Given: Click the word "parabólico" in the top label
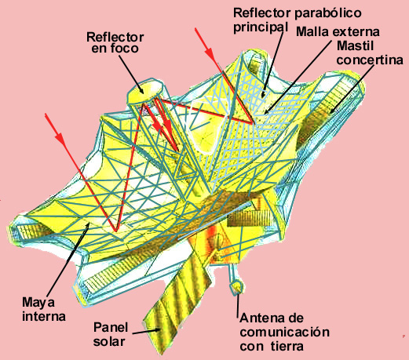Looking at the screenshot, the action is tap(328, 13).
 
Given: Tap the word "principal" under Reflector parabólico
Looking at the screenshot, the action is tap(261, 27).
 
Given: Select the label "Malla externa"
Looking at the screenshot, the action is tap(338, 32).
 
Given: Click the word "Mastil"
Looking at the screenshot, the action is tap(355, 46).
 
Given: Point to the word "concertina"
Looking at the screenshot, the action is tap(370, 60).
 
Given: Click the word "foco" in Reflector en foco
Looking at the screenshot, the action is tap(124, 49).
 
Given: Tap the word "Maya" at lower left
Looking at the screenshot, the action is tap(38, 303).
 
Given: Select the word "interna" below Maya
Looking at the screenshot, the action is tap(44, 316).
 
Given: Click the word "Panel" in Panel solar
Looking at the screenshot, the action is tap(111, 327).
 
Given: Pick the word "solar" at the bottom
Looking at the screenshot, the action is tap(109, 341).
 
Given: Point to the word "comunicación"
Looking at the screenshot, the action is tap(285, 332).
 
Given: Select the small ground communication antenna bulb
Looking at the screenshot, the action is tap(237, 287).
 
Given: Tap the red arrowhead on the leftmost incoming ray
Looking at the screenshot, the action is tap(60, 138).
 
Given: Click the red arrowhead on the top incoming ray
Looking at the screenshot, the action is tap(210, 53).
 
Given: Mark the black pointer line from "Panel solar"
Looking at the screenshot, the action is tap(146, 332).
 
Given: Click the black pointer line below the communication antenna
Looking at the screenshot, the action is tap(238, 305).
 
